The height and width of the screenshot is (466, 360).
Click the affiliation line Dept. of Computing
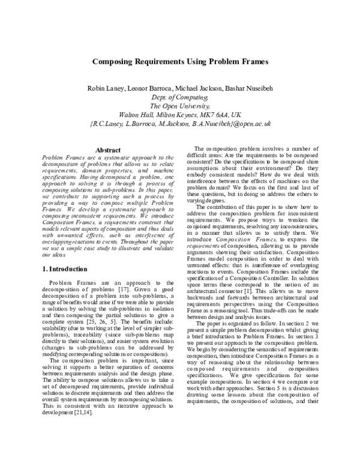[x=179, y=97]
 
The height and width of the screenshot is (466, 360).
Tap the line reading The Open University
[x=179, y=106]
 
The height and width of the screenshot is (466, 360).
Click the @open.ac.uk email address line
[x=179, y=123]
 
